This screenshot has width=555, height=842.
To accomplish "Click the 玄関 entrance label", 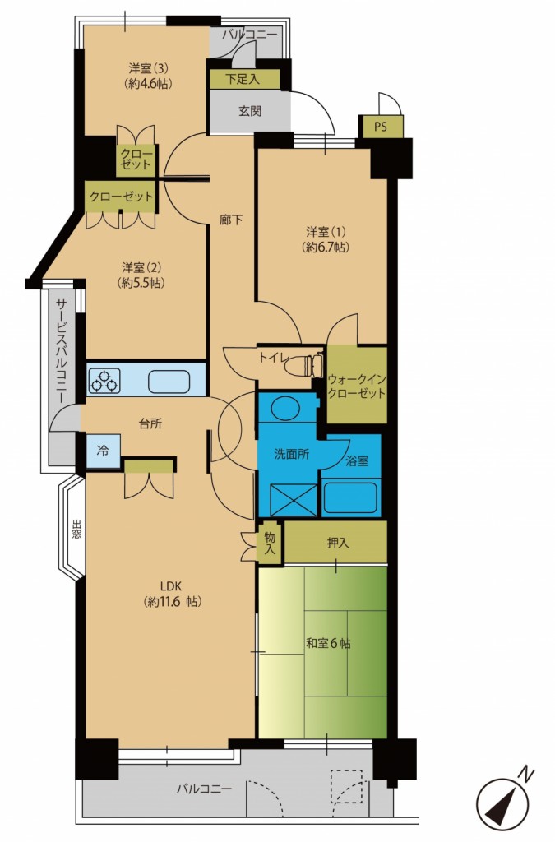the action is click(250, 112).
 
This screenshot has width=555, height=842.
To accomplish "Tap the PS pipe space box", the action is click(381, 127).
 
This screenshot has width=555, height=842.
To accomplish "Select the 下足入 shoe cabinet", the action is click(245, 80).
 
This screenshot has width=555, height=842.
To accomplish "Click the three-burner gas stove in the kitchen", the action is click(104, 380).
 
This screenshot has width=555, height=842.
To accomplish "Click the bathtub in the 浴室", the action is click(350, 498).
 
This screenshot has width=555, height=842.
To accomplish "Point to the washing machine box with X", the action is click(293, 499).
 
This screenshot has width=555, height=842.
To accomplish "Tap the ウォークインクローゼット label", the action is click(357, 386).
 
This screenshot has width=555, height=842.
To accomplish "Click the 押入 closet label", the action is click(338, 543).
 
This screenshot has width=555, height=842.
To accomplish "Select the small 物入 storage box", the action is click(270, 544).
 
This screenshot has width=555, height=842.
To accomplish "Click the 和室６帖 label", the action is click(328, 643).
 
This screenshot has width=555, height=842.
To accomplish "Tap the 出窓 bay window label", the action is click(77, 529).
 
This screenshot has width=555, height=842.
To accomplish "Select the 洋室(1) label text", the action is click(326, 232).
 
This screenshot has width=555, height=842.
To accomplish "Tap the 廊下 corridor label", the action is click(231, 219).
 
